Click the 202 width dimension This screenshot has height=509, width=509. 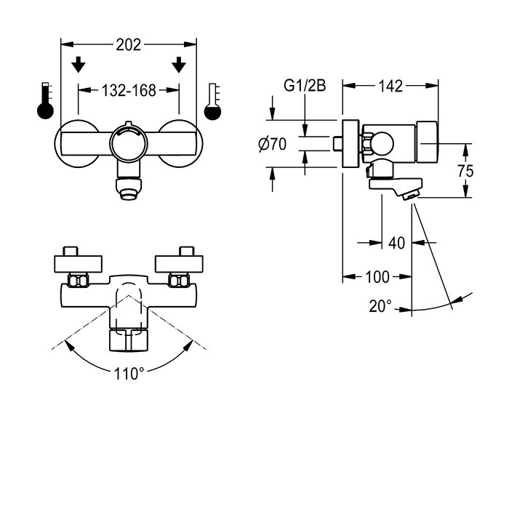click(x=129, y=44)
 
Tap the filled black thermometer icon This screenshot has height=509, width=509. click(x=45, y=102)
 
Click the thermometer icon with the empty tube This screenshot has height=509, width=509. click(x=212, y=102)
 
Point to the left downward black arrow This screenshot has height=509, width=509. click(x=79, y=65)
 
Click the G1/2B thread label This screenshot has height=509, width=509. click(x=305, y=86)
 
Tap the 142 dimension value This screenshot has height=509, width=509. click(x=390, y=86)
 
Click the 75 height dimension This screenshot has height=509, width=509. click(x=466, y=171)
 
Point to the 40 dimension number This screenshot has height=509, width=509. click(x=396, y=243)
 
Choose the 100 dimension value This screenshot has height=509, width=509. click(x=377, y=276)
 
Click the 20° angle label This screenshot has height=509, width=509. click(x=380, y=306)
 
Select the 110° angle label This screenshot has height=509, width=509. click(x=129, y=374)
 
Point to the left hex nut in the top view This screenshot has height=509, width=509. click(x=77, y=280)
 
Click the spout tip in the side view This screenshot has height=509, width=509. click(x=412, y=195)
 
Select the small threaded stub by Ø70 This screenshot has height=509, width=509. click(x=337, y=143)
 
